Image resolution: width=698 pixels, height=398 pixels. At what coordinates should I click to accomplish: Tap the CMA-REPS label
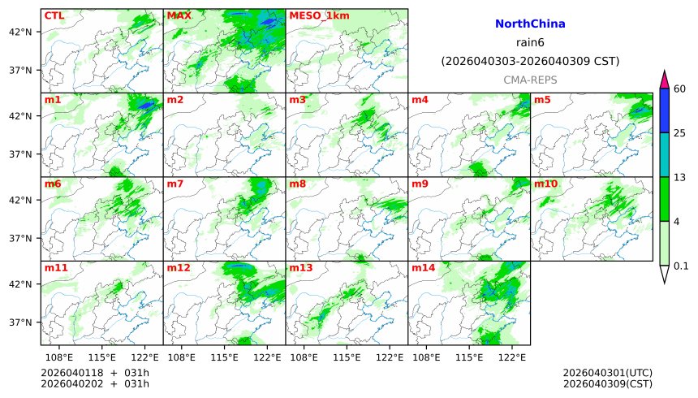529,80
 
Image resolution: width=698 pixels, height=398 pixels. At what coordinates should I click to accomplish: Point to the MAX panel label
179,15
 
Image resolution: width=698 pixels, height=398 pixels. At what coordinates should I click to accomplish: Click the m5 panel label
541,100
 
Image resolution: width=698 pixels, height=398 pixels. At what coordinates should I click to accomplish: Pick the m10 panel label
545,184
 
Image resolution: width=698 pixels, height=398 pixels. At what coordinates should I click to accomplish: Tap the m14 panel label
424,268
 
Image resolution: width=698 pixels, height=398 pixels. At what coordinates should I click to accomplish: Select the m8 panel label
298,184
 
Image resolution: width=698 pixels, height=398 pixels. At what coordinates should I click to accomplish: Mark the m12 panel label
179,268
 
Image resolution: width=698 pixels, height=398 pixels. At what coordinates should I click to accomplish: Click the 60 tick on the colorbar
680,89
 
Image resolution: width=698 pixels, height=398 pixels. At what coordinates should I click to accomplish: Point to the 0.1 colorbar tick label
681,266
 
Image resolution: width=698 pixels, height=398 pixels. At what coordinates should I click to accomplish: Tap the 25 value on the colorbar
680,132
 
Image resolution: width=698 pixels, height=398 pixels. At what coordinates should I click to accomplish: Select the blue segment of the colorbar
664,110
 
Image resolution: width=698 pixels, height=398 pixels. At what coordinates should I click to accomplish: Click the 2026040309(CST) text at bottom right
607,383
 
